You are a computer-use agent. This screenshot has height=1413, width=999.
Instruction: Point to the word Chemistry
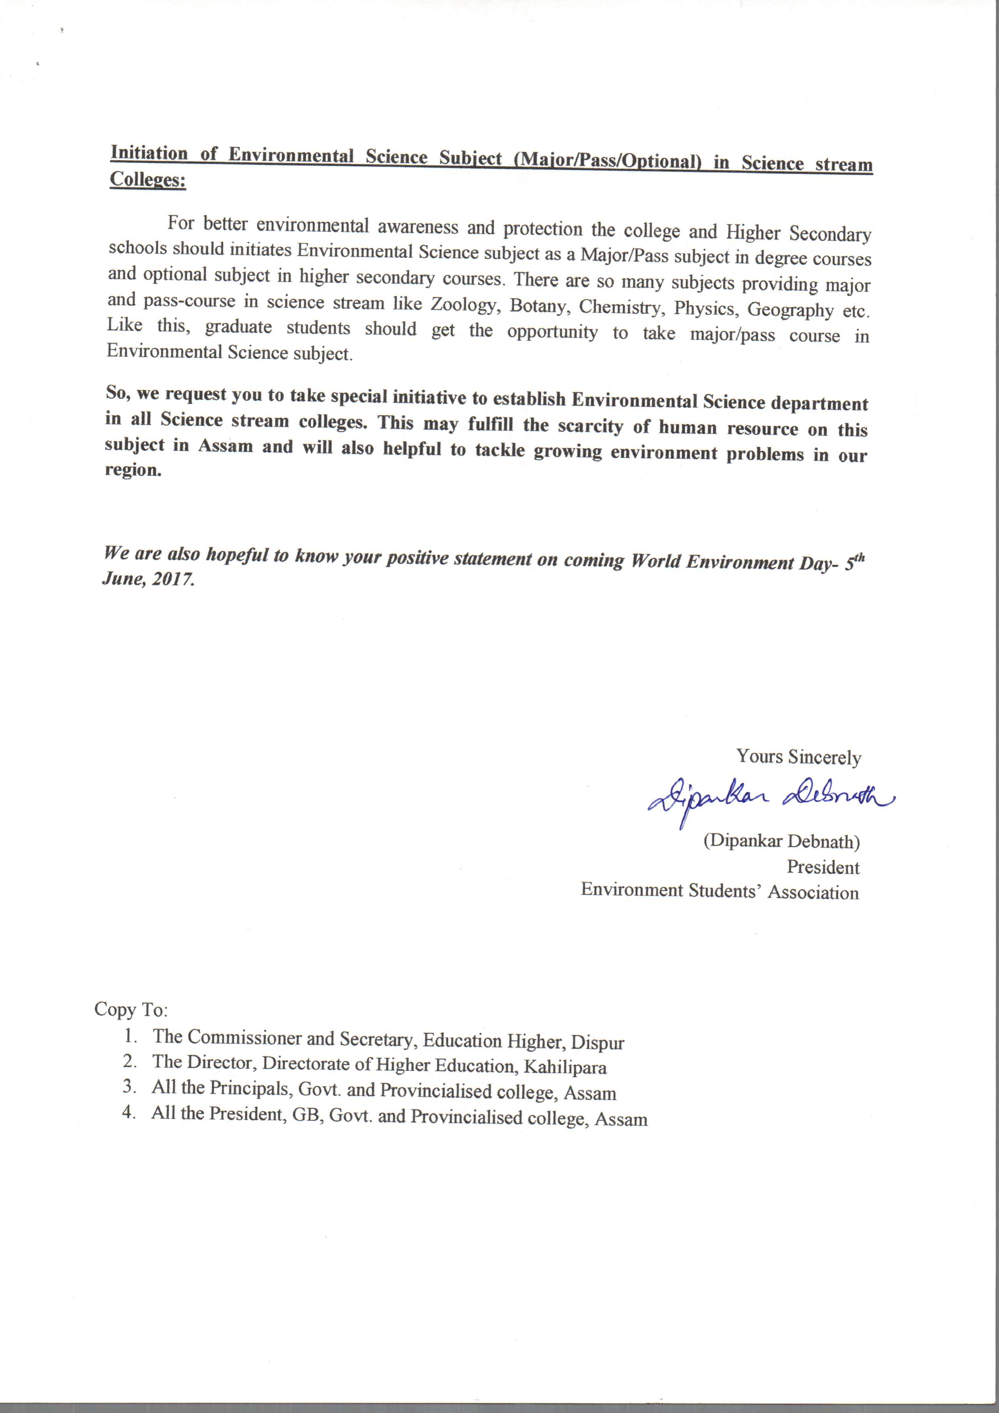click(622, 307)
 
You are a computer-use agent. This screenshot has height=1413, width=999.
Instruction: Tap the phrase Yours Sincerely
click(798, 757)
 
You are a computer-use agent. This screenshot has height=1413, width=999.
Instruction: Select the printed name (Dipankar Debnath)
click(782, 841)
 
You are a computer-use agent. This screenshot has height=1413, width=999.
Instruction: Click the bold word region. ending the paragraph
click(133, 470)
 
